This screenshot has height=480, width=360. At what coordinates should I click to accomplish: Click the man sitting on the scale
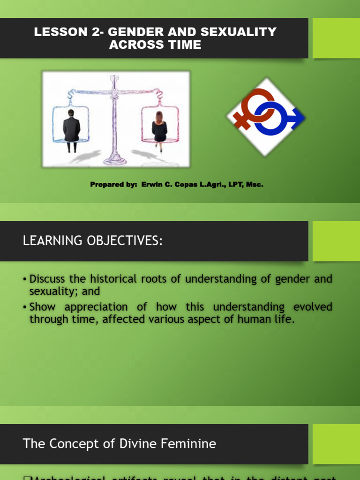71,129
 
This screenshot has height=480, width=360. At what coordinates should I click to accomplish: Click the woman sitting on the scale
159,130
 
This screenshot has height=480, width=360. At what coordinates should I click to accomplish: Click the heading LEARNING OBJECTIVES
93,241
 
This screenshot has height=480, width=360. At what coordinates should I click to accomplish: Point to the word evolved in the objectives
313,307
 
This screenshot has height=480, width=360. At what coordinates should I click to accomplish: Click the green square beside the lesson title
336,38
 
